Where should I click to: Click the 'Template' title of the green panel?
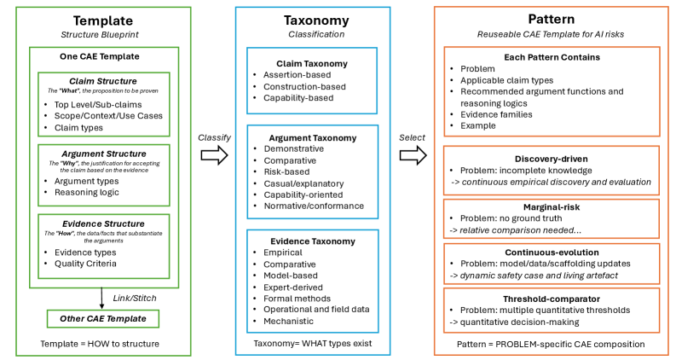click(102, 20)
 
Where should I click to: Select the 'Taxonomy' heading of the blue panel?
click(313, 20)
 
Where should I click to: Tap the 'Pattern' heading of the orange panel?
click(552, 20)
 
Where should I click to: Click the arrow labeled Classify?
click(214, 154)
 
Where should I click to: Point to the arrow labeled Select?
click(413, 154)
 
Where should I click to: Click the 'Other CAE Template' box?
click(102, 318)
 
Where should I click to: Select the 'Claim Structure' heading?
click(102, 78)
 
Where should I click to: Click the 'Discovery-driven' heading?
click(552, 158)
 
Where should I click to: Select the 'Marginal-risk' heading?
click(552, 206)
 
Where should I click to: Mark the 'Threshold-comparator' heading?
click(552, 299)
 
